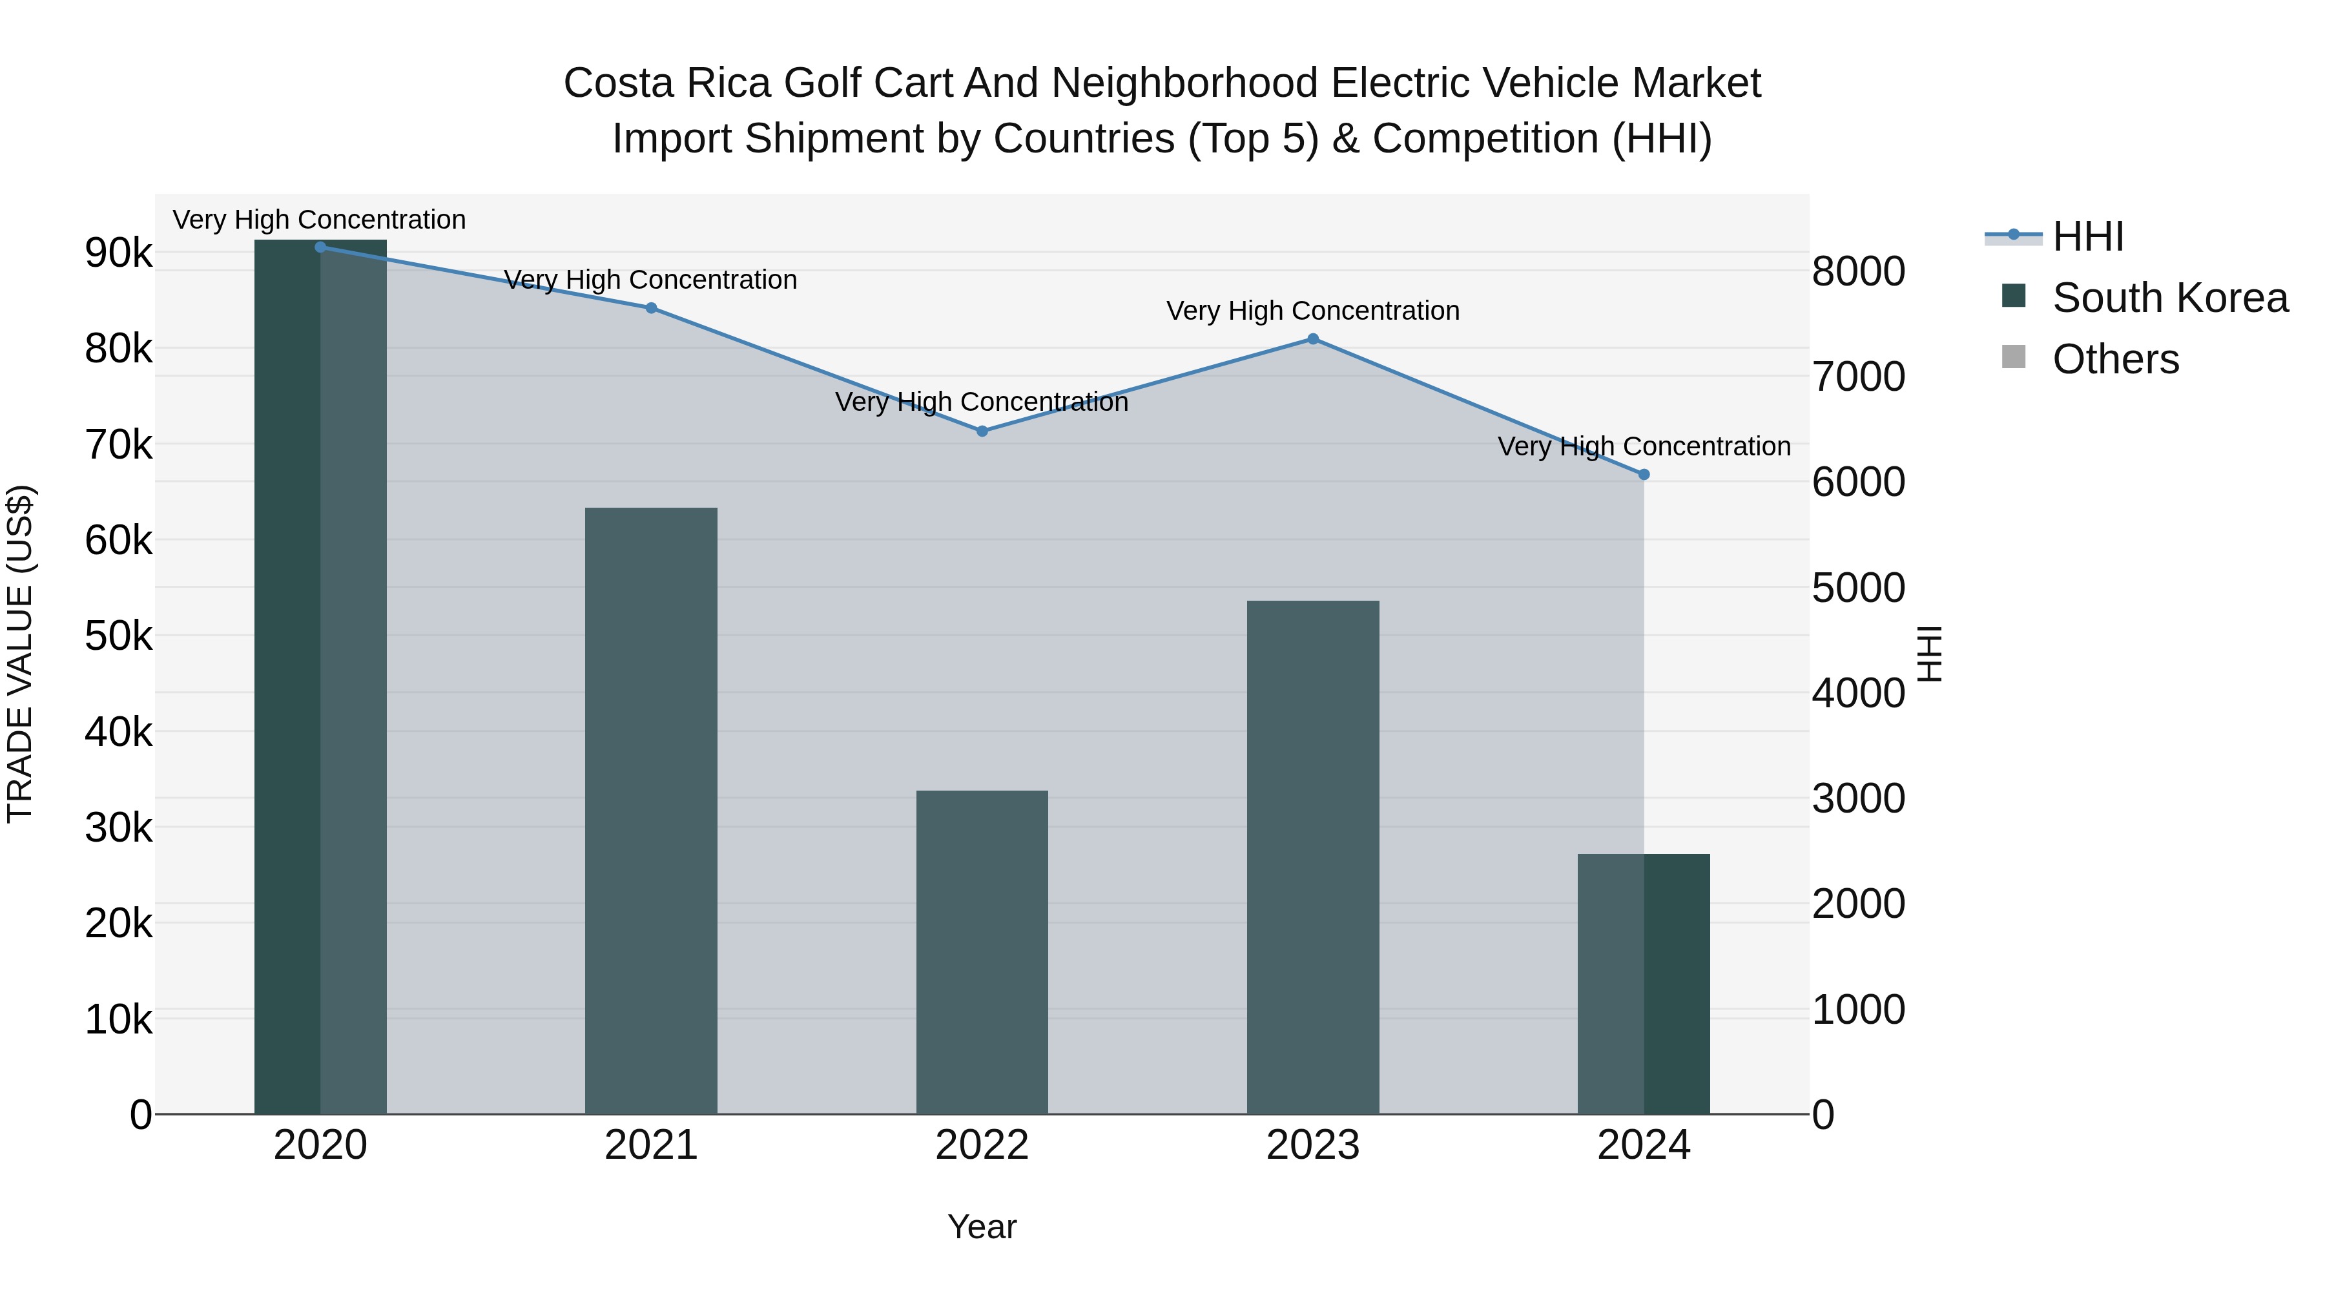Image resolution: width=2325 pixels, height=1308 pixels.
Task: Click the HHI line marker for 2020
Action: click(x=320, y=247)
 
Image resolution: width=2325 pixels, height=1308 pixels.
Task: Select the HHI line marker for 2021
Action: click(x=651, y=308)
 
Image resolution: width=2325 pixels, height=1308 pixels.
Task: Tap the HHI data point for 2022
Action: click(x=982, y=431)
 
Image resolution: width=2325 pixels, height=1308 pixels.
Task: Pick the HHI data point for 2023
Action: click(x=1313, y=339)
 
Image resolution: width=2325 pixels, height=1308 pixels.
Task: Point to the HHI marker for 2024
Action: click(x=1644, y=475)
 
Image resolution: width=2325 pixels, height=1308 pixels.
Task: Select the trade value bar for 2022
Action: click(x=982, y=952)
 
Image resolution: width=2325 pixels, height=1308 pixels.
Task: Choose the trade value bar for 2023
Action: click(x=1313, y=858)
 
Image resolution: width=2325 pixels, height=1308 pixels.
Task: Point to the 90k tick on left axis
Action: click(x=118, y=254)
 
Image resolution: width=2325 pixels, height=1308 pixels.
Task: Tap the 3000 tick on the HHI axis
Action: click(x=1858, y=799)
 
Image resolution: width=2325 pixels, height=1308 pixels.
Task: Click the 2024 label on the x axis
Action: click(x=1644, y=1145)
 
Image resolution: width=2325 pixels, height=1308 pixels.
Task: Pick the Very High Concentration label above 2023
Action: click(x=1313, y=311)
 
